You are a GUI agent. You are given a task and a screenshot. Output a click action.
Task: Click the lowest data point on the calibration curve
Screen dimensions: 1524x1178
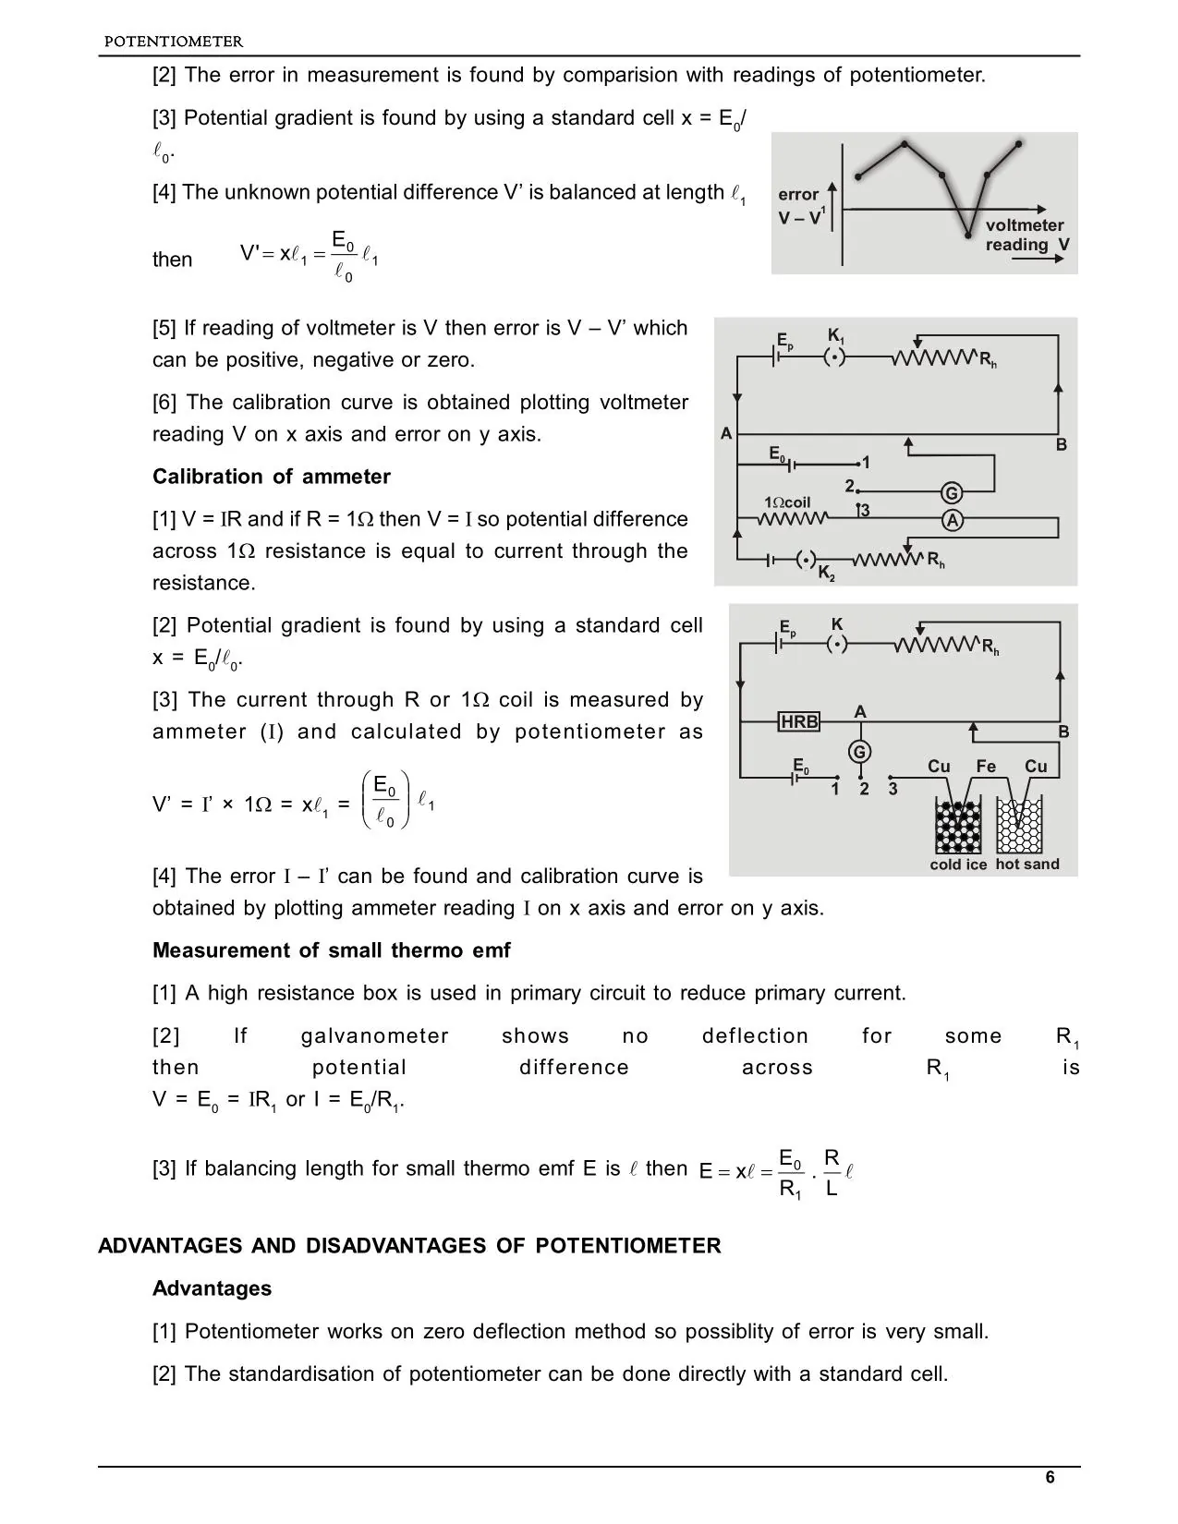pyautogui.click(x=966, y=233)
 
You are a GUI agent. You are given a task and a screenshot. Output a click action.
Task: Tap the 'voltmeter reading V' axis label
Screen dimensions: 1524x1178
pyautogui.click(x=1026, y=235)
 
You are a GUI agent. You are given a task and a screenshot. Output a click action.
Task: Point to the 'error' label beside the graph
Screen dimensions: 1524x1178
pyautogui.click(x=798, y=195)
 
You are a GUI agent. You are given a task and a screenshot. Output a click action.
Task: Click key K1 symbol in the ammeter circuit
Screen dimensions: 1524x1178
pyautogui.click(x=835, y=357)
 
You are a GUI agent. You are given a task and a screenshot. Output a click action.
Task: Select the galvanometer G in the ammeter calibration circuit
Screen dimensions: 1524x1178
pyautogui.click(x=952, y=492)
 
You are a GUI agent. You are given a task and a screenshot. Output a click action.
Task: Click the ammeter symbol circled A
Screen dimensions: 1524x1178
pyautogui.click(x=952, y=521)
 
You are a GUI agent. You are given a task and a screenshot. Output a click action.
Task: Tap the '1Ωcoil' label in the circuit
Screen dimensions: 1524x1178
pyautogui.click(x=787, y=502)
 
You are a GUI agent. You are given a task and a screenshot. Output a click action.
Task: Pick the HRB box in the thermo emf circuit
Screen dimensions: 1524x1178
pyautogui.click(x=799, y=721)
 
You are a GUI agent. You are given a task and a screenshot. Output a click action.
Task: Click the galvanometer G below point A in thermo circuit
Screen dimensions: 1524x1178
pyautogui.click(x=860, y=752)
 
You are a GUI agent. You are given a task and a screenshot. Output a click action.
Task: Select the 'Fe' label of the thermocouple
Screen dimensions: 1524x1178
pyautogui.click(x=986, y=767)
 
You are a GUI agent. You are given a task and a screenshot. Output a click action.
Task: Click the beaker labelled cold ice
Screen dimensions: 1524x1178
pyautogui.click(x=958, y=827)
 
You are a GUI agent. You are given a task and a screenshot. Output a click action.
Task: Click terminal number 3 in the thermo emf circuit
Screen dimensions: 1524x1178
pyautogui.click(x=893, y=790)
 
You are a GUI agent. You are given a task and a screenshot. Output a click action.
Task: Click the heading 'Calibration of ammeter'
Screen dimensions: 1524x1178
pyautogui.click(x=272, y=477)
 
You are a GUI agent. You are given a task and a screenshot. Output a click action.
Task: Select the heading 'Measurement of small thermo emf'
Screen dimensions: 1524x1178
pyautogui.click(x=331, y=950)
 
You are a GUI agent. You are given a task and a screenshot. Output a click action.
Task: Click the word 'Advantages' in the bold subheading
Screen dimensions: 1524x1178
pyautogui.click(x=212, y=1288)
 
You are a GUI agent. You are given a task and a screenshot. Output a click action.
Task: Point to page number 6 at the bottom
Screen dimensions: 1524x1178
pyautogui.click(x=1050, y=1478)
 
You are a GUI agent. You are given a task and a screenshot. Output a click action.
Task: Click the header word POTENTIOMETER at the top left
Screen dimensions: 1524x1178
pyautogui.click(x=174, y=42)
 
